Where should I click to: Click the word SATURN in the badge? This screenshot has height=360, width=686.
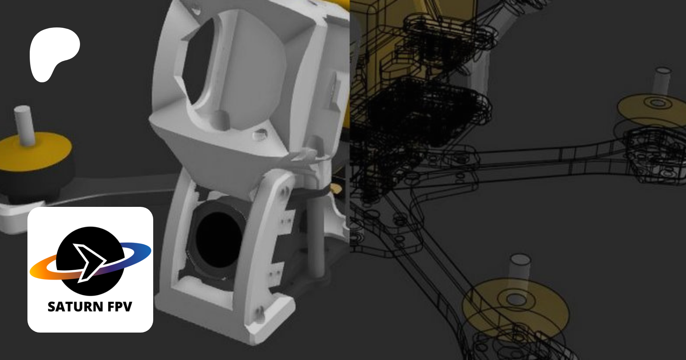click(75, 307)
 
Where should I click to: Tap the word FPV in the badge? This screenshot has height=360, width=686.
click(120, 307)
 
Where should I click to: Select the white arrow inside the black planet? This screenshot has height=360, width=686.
click(90, 262)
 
